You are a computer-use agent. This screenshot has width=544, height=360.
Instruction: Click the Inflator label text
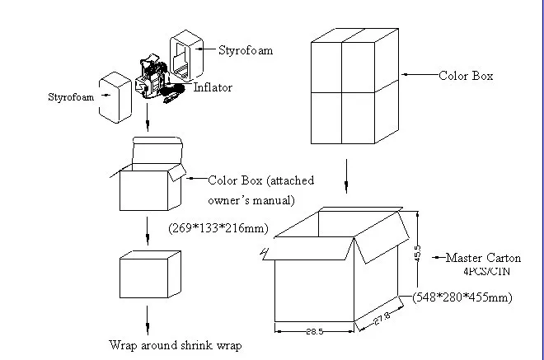213,86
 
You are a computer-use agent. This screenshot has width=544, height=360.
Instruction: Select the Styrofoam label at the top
246,50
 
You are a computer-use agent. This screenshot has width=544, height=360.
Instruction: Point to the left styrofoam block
115,96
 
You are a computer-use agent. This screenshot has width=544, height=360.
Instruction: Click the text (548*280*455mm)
462,297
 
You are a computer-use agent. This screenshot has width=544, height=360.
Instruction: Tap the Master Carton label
483,258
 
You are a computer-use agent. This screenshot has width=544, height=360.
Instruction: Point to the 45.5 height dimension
417,250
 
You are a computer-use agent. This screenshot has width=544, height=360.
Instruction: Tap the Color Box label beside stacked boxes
466,76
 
